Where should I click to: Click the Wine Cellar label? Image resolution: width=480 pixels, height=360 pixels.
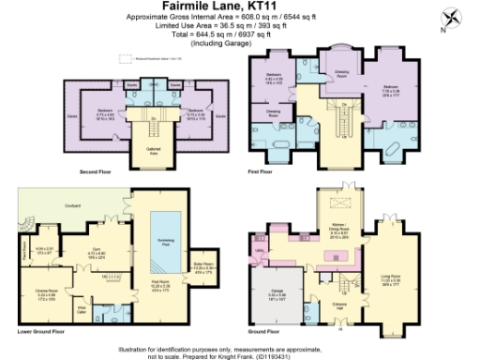coord(82,307)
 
